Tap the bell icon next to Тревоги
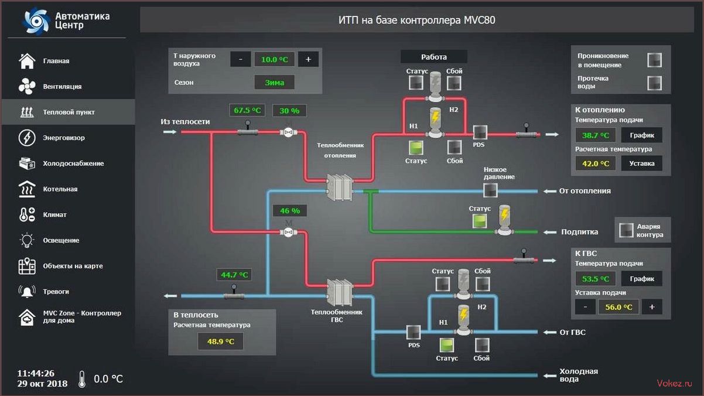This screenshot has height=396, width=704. point(27,291)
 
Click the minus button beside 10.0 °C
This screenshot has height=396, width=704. point(241,59)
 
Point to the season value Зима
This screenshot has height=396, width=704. point(274,83)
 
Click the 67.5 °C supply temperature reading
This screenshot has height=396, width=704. point(247,110)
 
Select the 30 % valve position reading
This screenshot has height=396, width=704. point(289,111)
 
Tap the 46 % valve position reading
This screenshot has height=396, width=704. point(290,210)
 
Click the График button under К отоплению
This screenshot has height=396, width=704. point(642,135)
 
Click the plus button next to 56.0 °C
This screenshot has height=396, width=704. point(652,307)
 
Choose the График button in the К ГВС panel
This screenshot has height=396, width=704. point(642,278)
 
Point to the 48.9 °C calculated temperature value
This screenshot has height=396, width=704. point(221,342)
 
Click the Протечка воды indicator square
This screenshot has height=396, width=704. point(655,83)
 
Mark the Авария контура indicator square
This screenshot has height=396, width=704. point(626,230)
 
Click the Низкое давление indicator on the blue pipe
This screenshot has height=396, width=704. point(490,190)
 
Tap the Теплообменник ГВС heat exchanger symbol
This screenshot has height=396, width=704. point(340,292)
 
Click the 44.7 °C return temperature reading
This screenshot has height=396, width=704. point(234,275)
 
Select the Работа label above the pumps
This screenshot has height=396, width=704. point(434,57)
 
